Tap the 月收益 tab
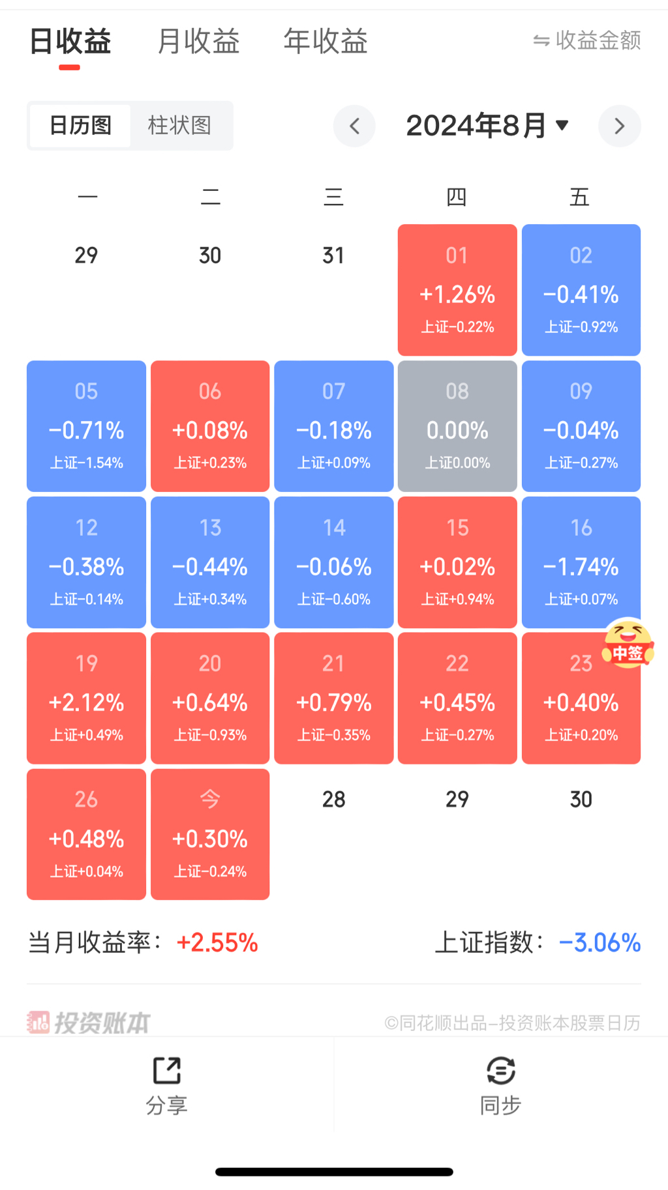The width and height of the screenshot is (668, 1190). (198, 41)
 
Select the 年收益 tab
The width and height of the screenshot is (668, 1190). (326, 41)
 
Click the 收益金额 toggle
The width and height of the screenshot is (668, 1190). (587, 40)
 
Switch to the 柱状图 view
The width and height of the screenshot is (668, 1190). (179, 125)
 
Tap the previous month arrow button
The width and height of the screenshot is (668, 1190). (354, 126)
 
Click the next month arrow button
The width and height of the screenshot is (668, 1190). (619, 126)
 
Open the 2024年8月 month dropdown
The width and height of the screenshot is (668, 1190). (487, 125)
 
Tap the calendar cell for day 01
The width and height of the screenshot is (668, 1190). (457, 290)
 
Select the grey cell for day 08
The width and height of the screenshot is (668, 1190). (457, 426)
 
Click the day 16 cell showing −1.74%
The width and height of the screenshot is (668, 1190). (581, 562)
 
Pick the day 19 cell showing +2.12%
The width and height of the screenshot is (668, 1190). (86, 698)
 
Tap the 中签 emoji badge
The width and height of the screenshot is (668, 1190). (628, 644)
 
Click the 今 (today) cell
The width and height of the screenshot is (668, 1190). (210, 834)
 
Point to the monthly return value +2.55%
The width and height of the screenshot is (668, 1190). (217, 942)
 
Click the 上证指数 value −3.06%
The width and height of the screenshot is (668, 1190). (600, 942)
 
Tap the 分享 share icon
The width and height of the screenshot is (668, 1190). (167, 1071)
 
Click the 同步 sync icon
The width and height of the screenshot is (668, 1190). (500, 1071)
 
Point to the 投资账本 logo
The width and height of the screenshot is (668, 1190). (89, 1023)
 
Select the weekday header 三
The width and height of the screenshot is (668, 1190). (333, 197)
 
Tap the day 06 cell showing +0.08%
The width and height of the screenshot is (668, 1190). (210, 426)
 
